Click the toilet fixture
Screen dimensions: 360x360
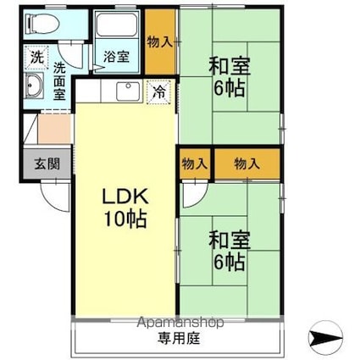pos(42,24)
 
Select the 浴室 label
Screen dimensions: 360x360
pos(116,57)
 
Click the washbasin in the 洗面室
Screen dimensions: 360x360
pos(34,86)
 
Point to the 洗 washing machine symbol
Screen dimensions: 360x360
pos(37,58)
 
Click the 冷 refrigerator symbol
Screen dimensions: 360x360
pos(159,92)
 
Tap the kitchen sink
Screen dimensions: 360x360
pos(129,91)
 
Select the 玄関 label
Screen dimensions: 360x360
pos(47,163)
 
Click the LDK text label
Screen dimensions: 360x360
pos(125,197)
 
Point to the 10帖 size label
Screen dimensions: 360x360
pos(125,219)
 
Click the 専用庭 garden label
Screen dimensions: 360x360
pos(179,338)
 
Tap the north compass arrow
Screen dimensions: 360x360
pos(325,337)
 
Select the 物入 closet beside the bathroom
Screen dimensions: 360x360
pos(160,42)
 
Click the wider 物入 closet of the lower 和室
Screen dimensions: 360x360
pos(247,163)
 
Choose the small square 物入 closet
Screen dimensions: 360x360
pos(195,163)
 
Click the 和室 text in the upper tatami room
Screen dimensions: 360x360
pos(230,66)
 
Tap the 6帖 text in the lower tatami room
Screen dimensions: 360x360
pos(229,262)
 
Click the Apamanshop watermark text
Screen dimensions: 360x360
pos(180,322)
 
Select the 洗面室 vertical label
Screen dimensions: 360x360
pos(59,81)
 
